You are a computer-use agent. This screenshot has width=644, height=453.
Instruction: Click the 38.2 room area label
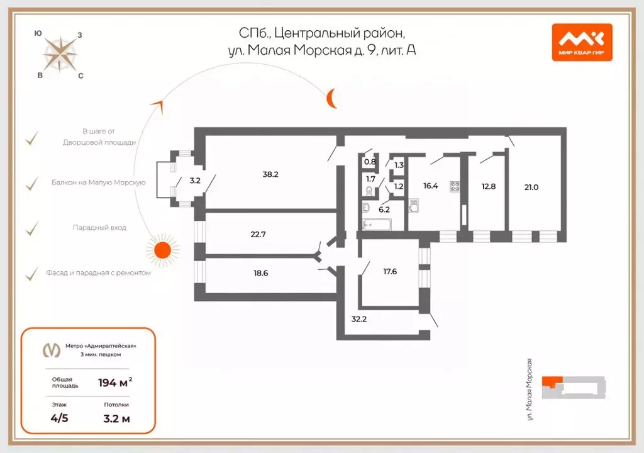270,174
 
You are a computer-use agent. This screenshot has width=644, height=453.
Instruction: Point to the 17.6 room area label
391,273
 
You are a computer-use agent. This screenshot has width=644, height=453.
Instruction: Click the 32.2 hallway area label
359,319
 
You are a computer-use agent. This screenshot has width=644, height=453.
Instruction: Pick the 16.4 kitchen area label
430,186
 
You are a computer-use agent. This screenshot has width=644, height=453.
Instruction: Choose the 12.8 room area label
489,186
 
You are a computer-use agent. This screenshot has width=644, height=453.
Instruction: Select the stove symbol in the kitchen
455,186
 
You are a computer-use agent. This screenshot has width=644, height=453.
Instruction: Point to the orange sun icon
163,250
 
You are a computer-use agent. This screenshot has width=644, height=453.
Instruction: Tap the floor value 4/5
60,418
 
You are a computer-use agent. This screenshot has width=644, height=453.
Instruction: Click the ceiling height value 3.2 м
116,418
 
